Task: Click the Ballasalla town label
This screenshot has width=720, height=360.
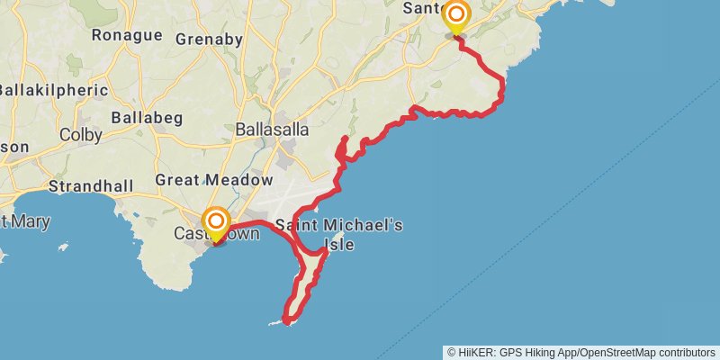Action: [x=272, y=130]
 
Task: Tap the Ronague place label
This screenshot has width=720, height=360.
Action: [x=126, y=36]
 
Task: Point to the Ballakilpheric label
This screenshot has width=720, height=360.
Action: [x=54, y=90]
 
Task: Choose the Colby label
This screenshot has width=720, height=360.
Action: [x=80, y=135]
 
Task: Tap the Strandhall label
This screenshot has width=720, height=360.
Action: [x=90, y=187]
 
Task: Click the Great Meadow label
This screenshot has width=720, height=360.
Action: [x=213, y=180]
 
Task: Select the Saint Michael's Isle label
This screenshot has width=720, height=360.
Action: [x=339, y=233]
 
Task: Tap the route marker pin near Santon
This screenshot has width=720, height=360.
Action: [x=456, y=15]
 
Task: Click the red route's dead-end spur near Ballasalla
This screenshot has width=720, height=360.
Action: [x=346, y=138]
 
